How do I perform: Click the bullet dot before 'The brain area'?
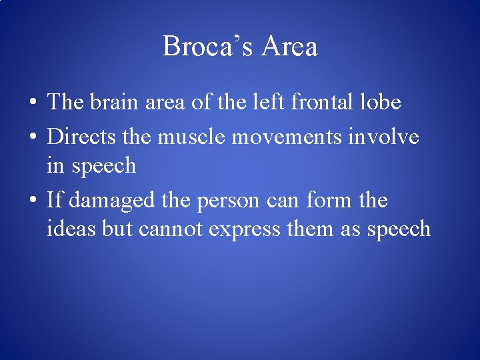[x=32, y=103]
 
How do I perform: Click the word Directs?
[x=83, y=137]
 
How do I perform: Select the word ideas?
[x=71, y=229]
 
